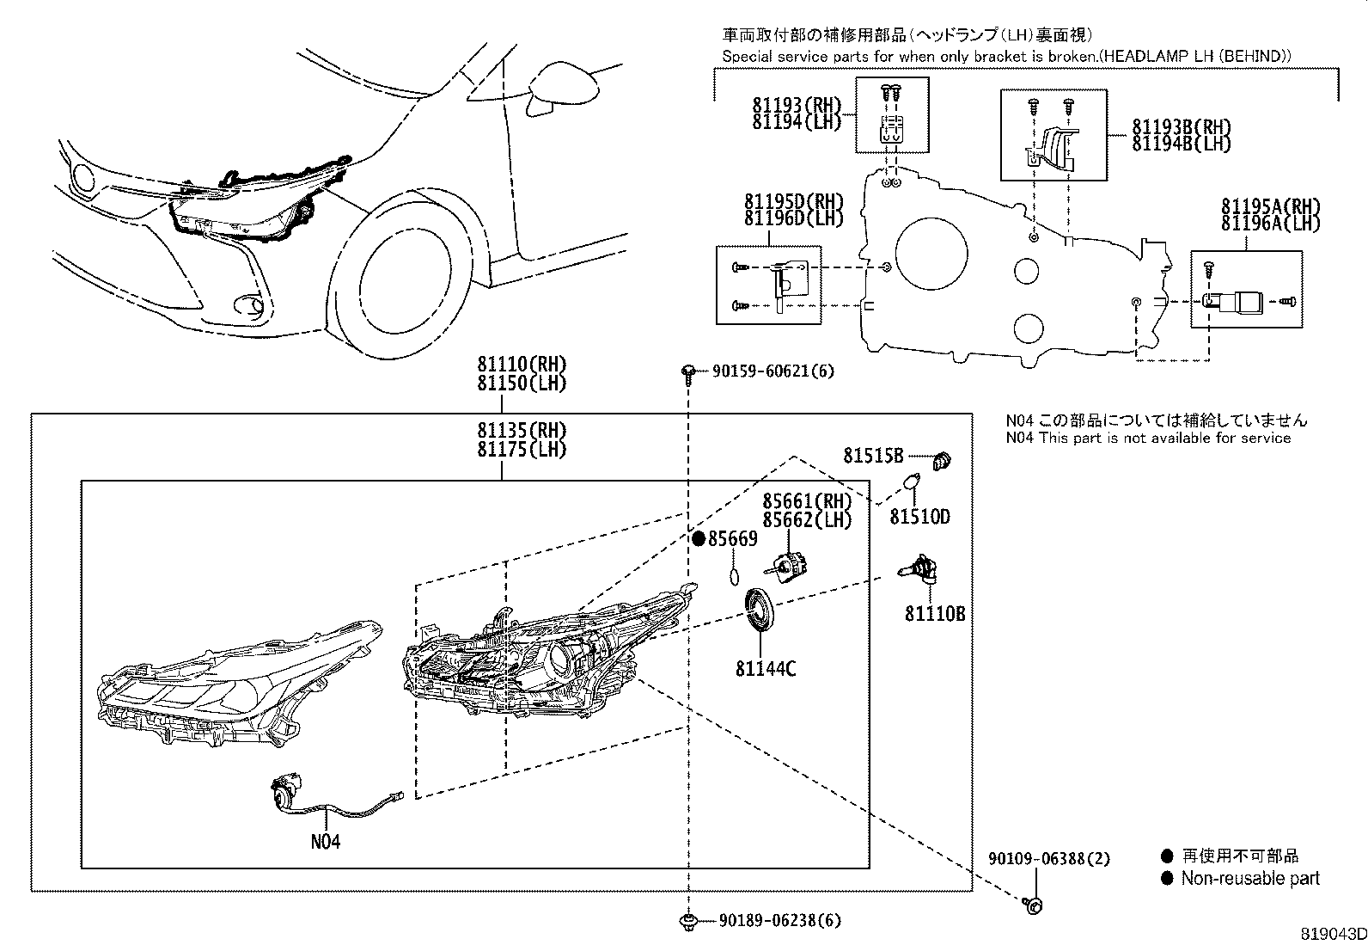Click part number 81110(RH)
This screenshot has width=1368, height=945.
click(522, 365)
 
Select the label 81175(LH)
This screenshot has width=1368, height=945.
click(522, 449)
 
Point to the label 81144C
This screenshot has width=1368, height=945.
click(766, 667)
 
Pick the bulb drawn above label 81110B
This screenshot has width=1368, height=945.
click(919, 572)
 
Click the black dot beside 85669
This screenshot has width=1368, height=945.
click(699, 539)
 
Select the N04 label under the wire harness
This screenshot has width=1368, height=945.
click(326, 841)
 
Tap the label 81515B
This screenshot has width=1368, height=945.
click(873, 456)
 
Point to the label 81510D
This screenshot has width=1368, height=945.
click(919, 517)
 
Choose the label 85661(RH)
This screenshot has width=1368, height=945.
click(807, 501)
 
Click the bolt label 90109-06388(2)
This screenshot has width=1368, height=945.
click(1048, 858)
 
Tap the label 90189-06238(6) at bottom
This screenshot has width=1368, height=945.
click(780, 921)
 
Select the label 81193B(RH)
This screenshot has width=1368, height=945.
click(1181, 127)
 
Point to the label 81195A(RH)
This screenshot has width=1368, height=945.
click(1270, 207)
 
